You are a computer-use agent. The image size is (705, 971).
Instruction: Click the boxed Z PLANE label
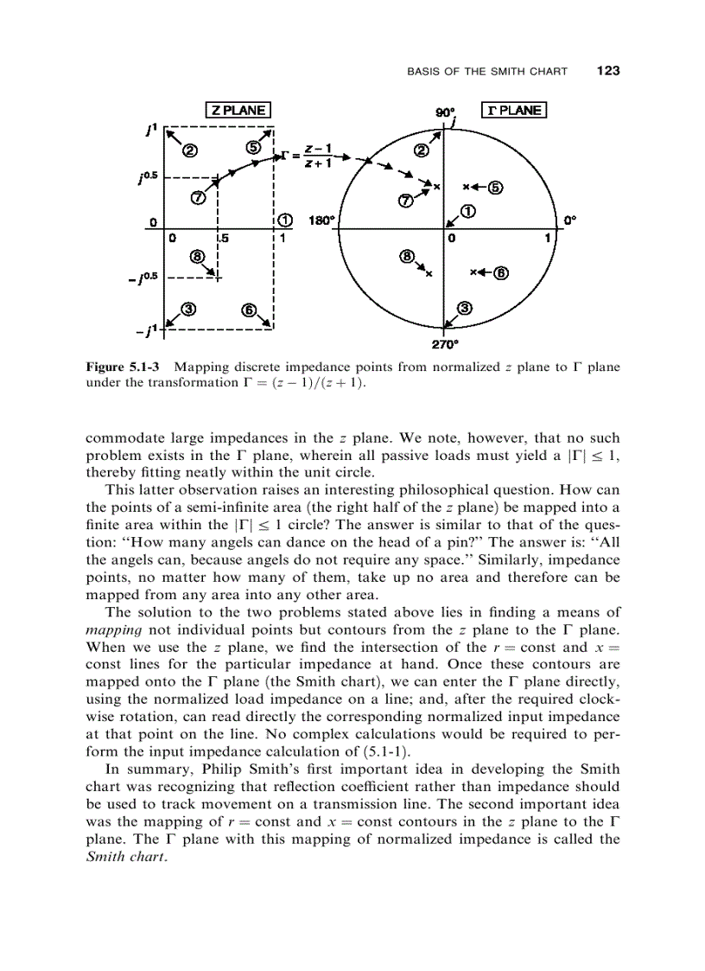[x=238, y=110]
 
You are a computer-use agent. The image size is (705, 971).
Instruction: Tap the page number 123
[x=608, y=70]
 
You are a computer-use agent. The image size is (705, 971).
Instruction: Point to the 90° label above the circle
[x=445, y=112]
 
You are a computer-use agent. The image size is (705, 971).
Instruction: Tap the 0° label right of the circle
[x=569, y=220]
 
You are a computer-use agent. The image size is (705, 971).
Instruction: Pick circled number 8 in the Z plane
[x=196, y=256]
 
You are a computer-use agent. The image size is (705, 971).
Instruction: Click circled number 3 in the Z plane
[x=189, y=309]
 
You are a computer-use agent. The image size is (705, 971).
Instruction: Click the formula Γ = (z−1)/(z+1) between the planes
[x=308, y=157]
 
